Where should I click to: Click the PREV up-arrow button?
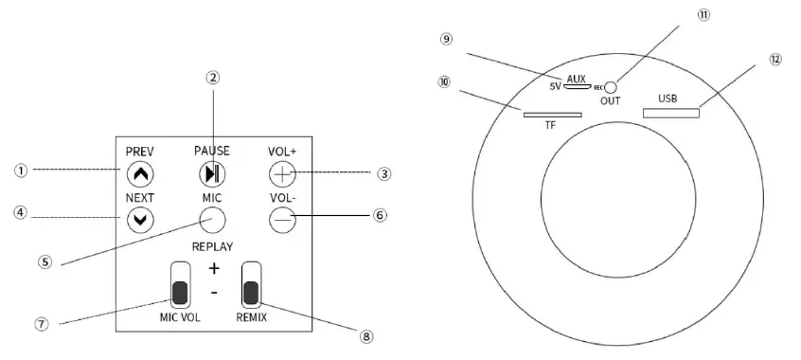(140, 174)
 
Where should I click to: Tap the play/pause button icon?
(212, 174)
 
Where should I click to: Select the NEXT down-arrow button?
(140, 220)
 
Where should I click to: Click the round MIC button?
(212, 220)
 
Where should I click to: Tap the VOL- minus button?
(282, 220)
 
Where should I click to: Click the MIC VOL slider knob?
(180, 293)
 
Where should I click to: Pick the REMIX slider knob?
(251, 293)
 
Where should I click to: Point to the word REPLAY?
(212, 247)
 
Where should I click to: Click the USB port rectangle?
(670, 113)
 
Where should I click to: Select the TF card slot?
(553, 115)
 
